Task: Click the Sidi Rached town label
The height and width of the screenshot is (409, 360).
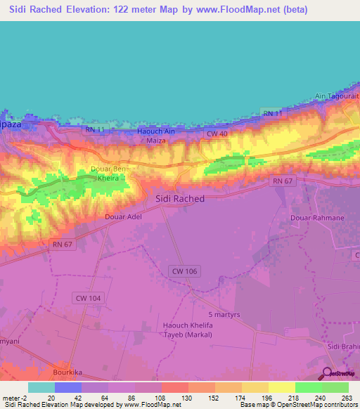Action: [x=179, y=199]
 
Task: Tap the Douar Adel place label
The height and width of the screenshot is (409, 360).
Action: [x=123, y=217]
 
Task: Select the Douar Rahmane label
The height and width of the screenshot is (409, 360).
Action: [x=317, y=218]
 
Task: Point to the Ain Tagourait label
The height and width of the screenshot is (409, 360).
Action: [x=337, y=96]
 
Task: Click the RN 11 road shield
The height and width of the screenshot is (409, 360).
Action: [x=273, y=113]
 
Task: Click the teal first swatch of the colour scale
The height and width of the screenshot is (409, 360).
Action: [x=41, y=387]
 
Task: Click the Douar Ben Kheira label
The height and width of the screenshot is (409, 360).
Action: [x=110, y=174]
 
